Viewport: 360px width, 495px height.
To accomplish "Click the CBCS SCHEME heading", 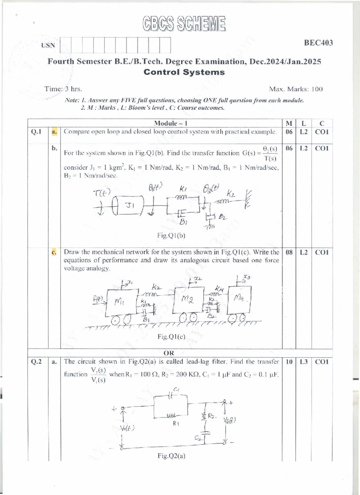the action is click(x=184, y=24).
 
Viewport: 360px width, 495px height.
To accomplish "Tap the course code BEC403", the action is click(x=318, y=43).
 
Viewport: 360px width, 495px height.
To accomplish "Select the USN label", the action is click(x=48, y=46).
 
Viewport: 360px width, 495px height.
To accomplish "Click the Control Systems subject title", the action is click(x=184, y=72).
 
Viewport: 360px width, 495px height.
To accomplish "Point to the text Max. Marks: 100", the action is click(x=295, y=89).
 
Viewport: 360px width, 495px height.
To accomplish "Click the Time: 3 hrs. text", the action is click(x=63, y=89).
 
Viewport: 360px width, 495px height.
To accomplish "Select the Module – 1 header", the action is click(x=171, y=123).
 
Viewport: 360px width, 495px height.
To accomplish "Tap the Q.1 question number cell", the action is click(x=36, y=132).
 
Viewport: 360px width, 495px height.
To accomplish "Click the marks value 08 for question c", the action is click(x=289, y=252).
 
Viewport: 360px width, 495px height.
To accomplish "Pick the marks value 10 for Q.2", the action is click(x=289, y=362).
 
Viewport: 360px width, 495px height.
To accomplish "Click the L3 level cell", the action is click(x=304, y=362).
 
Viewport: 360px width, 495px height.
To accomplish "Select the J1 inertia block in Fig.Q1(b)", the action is click(x=130, y=205).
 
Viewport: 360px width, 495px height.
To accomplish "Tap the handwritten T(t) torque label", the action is click(x=102, y=193).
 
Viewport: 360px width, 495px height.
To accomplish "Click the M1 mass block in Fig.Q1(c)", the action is click(x=120, y=301).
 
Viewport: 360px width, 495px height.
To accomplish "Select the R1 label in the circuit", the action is click(x=176, y=424).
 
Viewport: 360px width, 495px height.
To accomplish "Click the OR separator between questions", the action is click(x=169, y=353).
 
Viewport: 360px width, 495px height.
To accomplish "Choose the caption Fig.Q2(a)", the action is click(x=171, y=456).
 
